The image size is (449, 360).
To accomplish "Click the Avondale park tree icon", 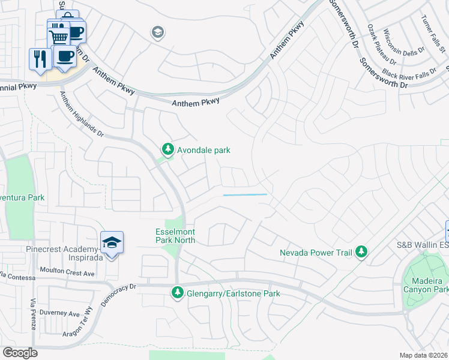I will point(169,149).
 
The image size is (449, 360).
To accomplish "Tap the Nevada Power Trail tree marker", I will point(361,252).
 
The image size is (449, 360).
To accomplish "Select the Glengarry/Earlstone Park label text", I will point(233,294).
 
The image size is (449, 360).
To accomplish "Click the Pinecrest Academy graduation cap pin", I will point(112,243).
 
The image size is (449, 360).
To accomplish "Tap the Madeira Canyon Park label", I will point(426,286).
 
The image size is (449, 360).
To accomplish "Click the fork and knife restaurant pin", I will point(40,59).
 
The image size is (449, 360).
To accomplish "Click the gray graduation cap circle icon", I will point(158,32).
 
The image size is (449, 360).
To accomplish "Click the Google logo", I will point(19,353).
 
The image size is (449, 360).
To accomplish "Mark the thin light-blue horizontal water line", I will point(245,194).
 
